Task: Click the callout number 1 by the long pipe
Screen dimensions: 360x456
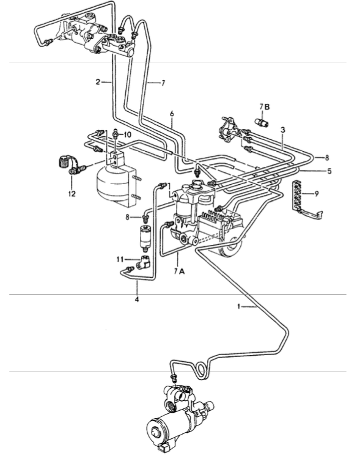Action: (x=239, y=306)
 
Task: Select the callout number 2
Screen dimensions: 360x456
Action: (x=98, y=82)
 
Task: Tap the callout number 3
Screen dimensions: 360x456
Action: (x=282, y=130)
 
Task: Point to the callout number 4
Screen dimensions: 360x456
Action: (x=137, y=299)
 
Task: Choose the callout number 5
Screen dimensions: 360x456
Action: (x=329, y=171)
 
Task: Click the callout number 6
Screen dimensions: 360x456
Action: (x=172, y=114)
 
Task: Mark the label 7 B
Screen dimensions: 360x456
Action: (x=264, y=107)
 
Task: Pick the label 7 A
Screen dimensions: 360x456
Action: (x=179, y=271)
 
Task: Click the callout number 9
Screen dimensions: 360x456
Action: (x=317, y=193)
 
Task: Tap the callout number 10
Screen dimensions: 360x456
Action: (x=127, y=134)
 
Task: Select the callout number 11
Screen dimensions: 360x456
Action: (x=120, y=259)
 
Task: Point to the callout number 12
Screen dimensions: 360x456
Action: (x=72, y=193)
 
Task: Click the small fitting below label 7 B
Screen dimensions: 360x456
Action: (x=262, y=122)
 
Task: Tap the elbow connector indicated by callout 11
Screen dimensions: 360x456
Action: (x=144, y=261)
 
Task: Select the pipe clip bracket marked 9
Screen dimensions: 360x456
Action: (x=306, y=200)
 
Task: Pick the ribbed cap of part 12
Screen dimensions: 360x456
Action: (x=62, y=162)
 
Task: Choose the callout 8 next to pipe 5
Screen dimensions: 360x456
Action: (x=326, y=158)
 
